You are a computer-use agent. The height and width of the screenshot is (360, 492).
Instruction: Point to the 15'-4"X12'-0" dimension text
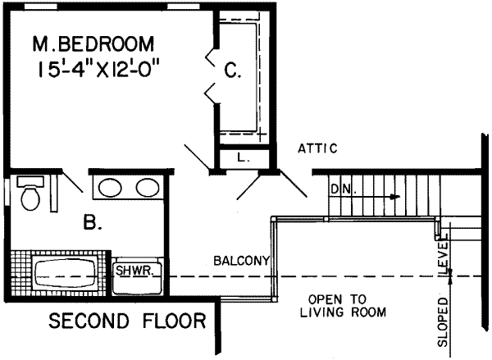pyautogui.click(x=97, y=69)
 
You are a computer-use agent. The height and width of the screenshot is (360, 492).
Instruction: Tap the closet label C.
pyautogui.click(x=233, y=72)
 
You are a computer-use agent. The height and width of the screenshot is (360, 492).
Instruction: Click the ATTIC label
pyautogui.click(x=317, y=148)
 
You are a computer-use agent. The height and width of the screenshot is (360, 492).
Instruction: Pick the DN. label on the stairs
pyautogui.click(x=341, y=189)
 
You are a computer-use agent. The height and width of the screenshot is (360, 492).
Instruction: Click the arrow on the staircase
pyautogui.click(x=394, y=197)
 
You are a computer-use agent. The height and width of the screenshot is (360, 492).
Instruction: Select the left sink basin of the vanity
pyautogui.click(x=107, y=189)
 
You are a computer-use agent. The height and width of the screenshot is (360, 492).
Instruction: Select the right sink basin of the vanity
pyautogui.click(x=147, y=189)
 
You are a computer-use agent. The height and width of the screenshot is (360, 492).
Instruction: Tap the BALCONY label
pyautogui.click(x=241, y=262)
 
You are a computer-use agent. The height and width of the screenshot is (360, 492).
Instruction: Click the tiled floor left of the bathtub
pyautogui.click(x=20, y=275)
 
